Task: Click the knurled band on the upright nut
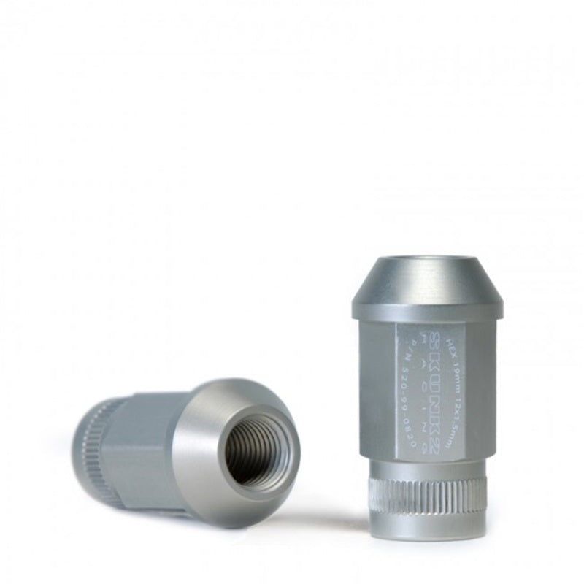click(426, 496)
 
